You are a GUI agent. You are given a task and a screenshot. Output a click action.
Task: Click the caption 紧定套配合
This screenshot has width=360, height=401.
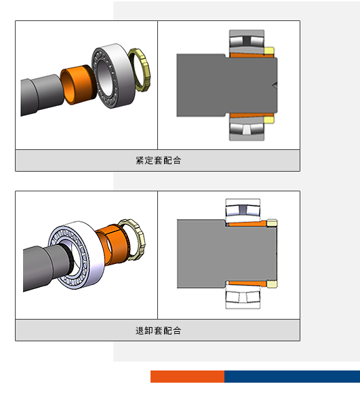[x=158, y=160]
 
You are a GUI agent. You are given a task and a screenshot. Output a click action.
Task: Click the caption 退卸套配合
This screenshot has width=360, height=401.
[x=158, y=330]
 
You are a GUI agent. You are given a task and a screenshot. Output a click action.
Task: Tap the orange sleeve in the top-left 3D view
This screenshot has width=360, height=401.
[x=76, y=84]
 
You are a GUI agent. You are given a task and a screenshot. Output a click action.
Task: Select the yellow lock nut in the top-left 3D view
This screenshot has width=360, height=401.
[x=140, y=70]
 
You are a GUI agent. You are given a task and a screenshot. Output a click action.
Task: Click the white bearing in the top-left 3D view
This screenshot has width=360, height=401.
[x=114, y=76]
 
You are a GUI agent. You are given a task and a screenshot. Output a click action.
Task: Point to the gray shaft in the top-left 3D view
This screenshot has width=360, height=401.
[x=41, y=94]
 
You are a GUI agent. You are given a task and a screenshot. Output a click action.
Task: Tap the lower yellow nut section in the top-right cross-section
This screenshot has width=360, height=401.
[x=269, y=120]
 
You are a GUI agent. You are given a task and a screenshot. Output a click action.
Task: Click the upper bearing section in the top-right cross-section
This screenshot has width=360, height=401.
[x=247, y=41]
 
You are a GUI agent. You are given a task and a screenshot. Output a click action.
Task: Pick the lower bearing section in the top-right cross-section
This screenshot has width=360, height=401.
[x=247, y=129]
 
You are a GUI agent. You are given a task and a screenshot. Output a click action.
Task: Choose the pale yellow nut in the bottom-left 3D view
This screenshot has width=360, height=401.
[x=133, y=239]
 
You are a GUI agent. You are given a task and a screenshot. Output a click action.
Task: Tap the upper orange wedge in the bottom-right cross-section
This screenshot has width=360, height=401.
[x=247, y=225]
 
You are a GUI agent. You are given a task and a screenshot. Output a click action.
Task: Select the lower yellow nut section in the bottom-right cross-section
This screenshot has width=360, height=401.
[x=272, y=284]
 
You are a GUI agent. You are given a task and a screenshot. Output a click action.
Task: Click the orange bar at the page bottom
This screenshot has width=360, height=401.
[x=187, y=377]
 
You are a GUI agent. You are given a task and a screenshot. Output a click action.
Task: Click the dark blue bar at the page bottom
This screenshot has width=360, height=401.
[x=292, y=377]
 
